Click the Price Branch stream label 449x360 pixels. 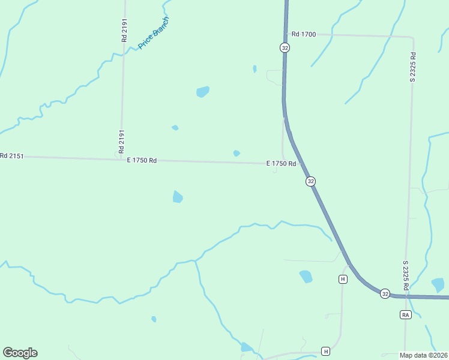pyautogui.click(x=154, y=32)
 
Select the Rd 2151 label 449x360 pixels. pyautogui.click(x=11, y=156)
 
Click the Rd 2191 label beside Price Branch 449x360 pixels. pyautogui.click(x=123, y=28)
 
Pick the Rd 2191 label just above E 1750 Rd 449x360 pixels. pyautogui.click(x=122, y=141)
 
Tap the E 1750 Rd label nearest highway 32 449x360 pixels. pyautogui.click(x=282, y=164)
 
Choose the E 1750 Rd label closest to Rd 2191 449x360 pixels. pyautogui.click(x=142, y=160)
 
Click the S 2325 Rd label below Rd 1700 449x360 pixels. pyautogui.click(x=413, y=67)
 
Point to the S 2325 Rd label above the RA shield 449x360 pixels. pyautogui.click(x=406, y=275)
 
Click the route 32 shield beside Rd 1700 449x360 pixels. pyautogui.click(x=285, y=47)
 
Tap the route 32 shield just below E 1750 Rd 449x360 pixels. pyautogui.click(x=310, y=181)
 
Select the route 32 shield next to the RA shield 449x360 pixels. pyautogui.click(x=385, y=293)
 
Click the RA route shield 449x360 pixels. pyautogui.click(x=405, y=314)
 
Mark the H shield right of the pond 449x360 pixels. pyautogui.click(x=343, y=279)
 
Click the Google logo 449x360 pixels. pyautogui.click(x=20, y=353)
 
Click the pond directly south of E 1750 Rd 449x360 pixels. pyautogui.click(x=178, y=197)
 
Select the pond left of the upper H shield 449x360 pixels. pyautogui.click(x=306, y=277)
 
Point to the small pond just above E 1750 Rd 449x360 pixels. pyautogui.click(x=237, y=154)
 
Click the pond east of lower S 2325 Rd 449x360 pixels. pyautogui.click(x=438, y=285)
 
